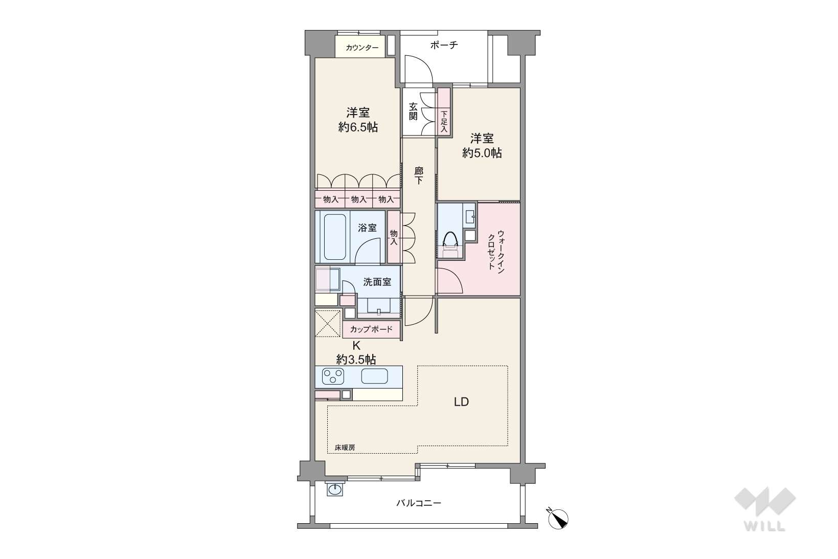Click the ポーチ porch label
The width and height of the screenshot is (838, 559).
pos(444,46)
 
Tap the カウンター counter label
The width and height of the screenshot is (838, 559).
pos(362,48)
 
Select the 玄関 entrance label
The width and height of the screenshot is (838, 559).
pos(413,111)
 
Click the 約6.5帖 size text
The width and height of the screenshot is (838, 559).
pos(358,127)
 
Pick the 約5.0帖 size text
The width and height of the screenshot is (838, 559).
pos(482,153)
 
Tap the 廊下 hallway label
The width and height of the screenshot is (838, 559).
pos(419,175)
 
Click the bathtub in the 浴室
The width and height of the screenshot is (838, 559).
pos(335,237)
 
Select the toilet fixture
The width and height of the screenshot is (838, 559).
pos(450,244)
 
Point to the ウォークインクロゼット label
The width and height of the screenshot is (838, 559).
pos(496,250)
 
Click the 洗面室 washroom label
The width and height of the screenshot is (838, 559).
pos(377,282)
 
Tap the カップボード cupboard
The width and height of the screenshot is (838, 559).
pos(371,329)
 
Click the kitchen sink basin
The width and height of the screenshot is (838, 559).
pos(374,376)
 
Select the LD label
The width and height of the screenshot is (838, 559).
pos(461,402)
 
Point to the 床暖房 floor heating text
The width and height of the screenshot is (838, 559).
pos(345,447)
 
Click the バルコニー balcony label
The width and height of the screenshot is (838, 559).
pos(419,503)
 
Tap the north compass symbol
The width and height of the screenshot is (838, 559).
pos(558,518)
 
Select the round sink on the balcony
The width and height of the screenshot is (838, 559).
pos(334,489)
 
